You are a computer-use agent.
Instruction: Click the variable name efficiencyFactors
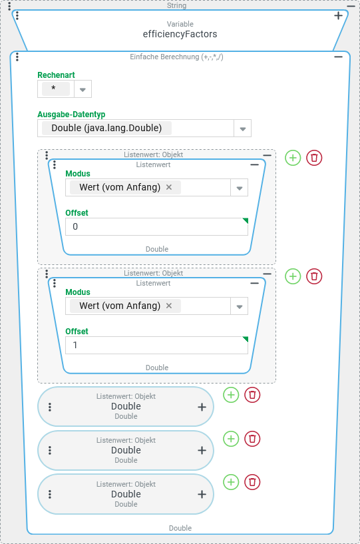click(x=180, y=34)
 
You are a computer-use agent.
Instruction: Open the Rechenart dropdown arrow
click(x=83, y=89)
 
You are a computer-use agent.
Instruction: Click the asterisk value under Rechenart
click(x=53, y=88)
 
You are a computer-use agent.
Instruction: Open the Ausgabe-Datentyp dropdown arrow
click(x=243, y=129)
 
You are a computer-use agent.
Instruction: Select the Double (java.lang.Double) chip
click(x=106, y=128)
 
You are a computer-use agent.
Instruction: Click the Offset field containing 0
click(x=157, y=226)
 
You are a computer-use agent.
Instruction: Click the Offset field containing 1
click(x=157, y=345)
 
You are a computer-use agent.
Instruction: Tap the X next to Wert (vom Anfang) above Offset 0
click(x=169, y=187)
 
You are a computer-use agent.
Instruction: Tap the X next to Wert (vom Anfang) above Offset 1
click(x=169, y=306)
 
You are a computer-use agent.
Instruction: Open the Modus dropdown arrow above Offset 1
click(x=240, y=306)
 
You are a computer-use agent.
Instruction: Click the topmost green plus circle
click(x=293, y=158)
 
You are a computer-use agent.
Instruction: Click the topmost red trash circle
click(x=314, y=158)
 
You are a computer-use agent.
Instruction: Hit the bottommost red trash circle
click(x=252, y=482)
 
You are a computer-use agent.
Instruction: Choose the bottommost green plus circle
click(x=231, y=482)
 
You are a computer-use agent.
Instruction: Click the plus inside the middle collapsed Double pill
click(x=202, y=450)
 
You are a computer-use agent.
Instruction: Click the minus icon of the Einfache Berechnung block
click(x=339, y=57)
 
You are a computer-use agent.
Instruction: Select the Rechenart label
click(x=56, y=75)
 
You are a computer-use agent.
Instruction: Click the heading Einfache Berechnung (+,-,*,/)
click(x=176, y=57)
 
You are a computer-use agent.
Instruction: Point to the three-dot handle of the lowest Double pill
click(x=50, y=494)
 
